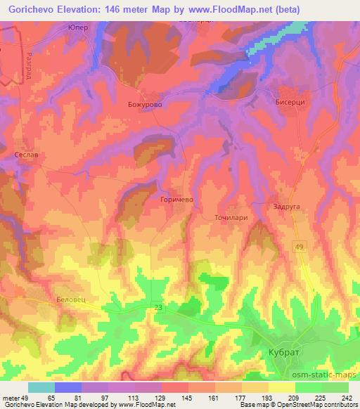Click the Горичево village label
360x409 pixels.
pyautogui.click(x=176, y=200)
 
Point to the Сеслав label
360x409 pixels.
pyautogui.click(x=27, y=154)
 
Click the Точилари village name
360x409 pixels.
pyautogui.click(x=231, y=218)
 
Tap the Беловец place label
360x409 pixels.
pyautogui.click(x=70, y=299)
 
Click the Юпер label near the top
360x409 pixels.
pyautogui.click(x=77, y=27)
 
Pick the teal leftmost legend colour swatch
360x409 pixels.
pyautogui.click(x=41, y=387)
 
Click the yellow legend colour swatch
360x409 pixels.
pyautogui.click(x=281, y=387)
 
